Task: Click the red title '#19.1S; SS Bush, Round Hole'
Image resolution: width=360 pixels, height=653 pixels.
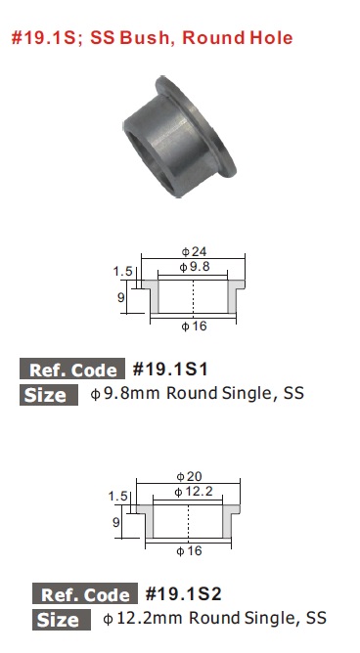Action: click(152, 38)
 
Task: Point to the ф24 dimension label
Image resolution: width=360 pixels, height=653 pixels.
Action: click(194, 251)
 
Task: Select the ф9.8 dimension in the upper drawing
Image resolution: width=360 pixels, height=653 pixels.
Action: click(194, 267)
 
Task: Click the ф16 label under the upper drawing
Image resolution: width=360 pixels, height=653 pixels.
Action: click(194, 326)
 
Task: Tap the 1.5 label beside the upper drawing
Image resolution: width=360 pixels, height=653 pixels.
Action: click(122, 272)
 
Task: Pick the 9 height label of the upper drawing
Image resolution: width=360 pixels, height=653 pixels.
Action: click(121, 297)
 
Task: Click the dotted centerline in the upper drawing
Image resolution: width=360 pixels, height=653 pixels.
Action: click(194, 296)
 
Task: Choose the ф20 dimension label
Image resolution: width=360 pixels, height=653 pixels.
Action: click(189, 476)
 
